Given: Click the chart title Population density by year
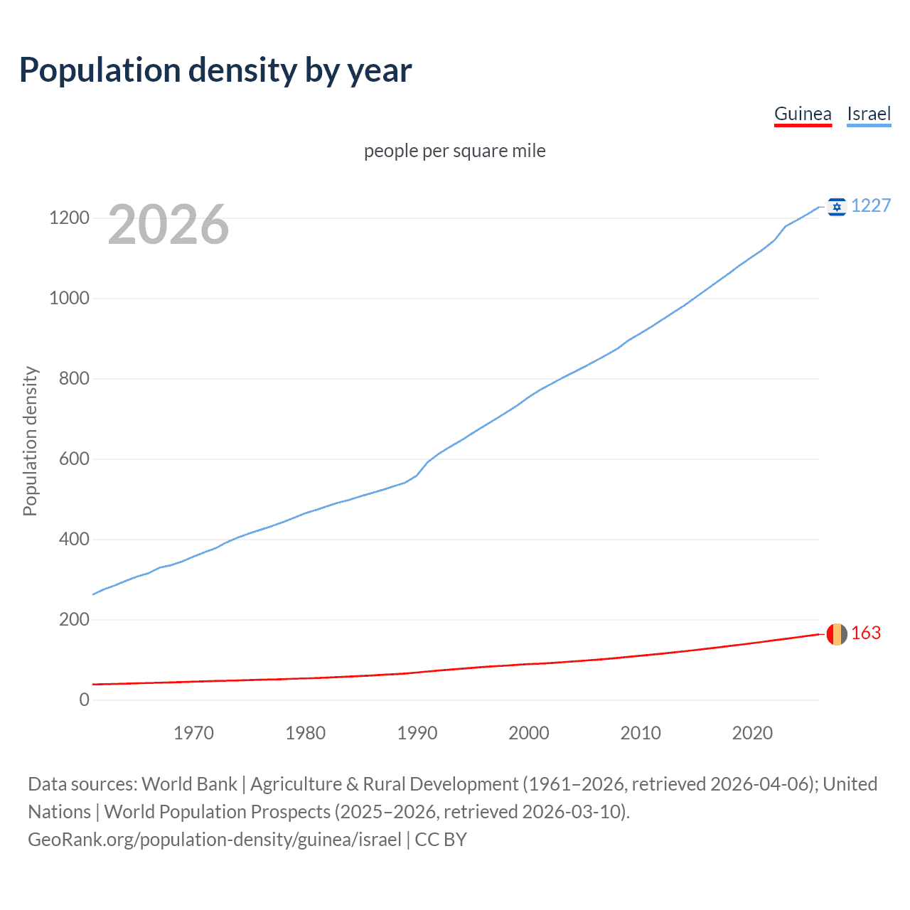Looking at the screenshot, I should click(x=215, y=70).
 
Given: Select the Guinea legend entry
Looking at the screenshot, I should click(x=803, y=114).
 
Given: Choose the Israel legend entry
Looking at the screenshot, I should click(x=869, y=114).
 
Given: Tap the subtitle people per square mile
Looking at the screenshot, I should click(x=455, y=151).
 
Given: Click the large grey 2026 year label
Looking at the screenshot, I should click(x=168, y=225).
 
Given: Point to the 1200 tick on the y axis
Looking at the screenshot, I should click(x=69, y=218).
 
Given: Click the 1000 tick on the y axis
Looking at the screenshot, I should click(x=69, y=299).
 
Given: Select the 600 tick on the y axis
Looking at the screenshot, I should click(x=74, y=459).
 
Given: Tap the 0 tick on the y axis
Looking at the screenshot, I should click(x=85, y=700).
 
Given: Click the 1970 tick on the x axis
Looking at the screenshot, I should click(x=193, y=733).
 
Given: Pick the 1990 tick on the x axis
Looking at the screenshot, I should click(x=417, y=733).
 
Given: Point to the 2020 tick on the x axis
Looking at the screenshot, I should click(x=752, y=733).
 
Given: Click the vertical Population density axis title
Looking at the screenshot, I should click(x=30, y=441).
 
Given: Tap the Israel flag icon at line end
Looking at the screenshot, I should click(x=837, y=207).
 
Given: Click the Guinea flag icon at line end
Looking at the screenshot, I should click(x=837, y=633).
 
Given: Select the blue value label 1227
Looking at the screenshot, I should click(x=871, y=206).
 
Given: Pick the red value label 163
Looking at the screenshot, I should click(x=866, y=633).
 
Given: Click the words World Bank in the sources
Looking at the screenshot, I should click(x=189, y=784).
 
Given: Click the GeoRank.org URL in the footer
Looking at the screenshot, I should click(x=215, y=840).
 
